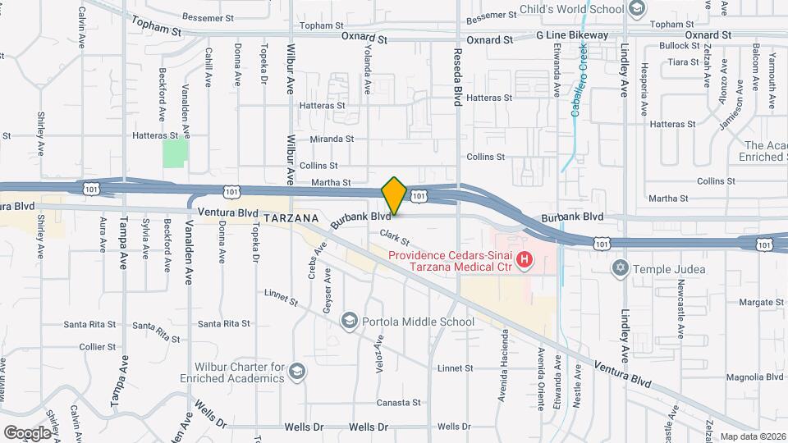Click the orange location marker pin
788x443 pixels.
(394, 195)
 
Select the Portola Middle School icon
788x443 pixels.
(350, 321)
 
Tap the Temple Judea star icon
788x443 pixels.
(621, 267)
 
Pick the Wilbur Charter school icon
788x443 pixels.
(295, 372)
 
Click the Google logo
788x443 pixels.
(27, 432)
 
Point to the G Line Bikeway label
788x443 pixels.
(572, 35)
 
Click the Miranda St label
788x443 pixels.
(332, 139)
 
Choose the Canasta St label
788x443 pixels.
(398, 403)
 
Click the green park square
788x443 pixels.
(175, 153)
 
